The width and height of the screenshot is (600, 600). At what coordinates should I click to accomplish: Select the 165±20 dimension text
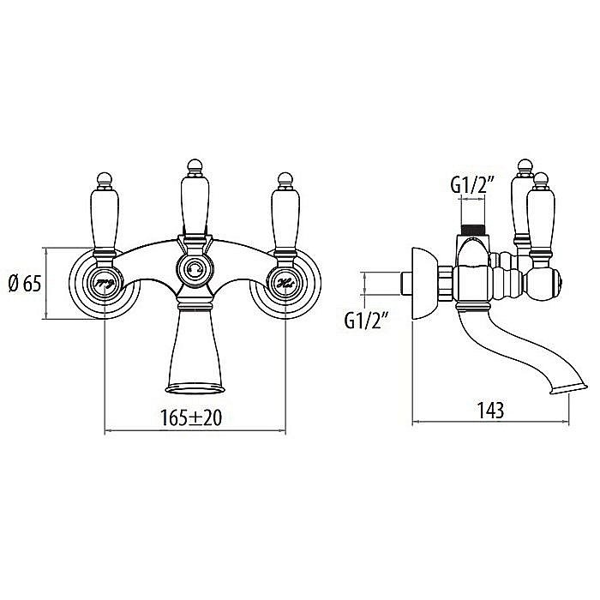[195, 418]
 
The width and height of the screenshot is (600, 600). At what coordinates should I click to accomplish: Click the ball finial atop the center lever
[194, 163]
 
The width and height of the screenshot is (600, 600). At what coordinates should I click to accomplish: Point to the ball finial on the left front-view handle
[103, 178]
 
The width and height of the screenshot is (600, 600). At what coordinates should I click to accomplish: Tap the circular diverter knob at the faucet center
[194, 271]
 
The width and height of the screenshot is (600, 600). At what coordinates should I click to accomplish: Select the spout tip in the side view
[561, 390]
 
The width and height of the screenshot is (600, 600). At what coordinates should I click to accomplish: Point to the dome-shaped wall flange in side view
[422, 284]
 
